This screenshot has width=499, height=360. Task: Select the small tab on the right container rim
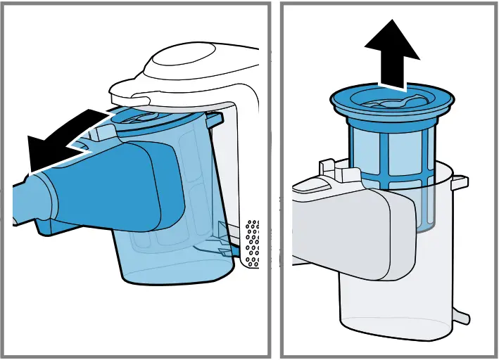pos(459,181)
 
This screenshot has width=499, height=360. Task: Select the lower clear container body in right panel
pos(394,302)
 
